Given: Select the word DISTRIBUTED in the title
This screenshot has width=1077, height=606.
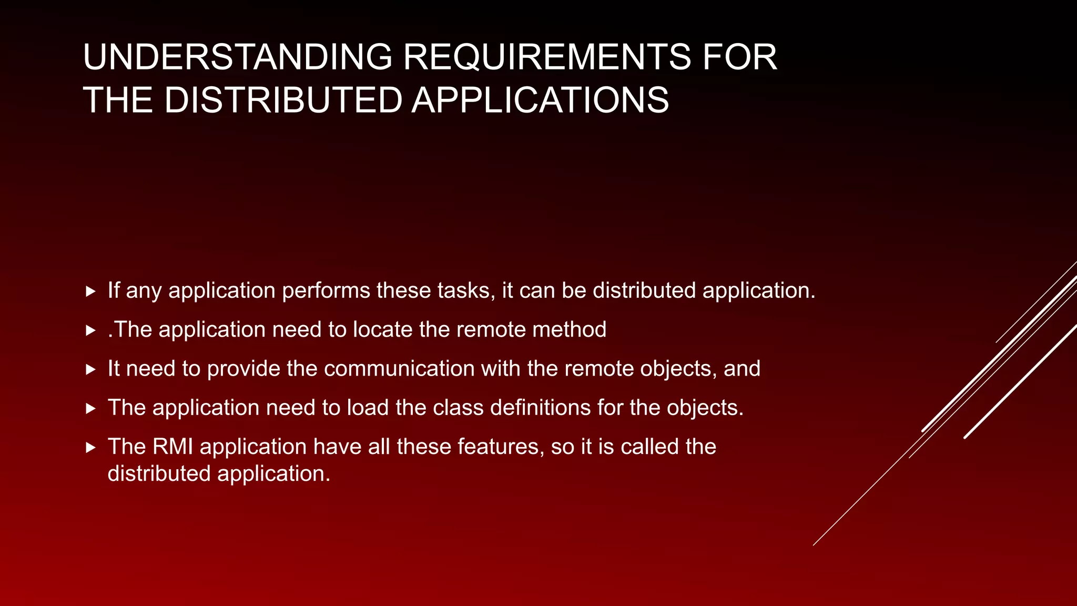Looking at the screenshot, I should [283, 100].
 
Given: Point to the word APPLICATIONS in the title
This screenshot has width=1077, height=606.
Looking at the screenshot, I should [540, 100].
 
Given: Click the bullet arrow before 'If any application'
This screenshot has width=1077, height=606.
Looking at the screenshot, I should [90, 291].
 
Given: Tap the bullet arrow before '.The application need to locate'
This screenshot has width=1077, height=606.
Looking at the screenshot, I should [90, 330].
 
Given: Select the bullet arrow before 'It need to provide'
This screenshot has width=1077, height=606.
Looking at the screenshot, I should [90, 369].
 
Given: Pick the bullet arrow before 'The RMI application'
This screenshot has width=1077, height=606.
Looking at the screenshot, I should [90, 447].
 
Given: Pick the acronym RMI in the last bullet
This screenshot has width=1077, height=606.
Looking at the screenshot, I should [172, 446].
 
